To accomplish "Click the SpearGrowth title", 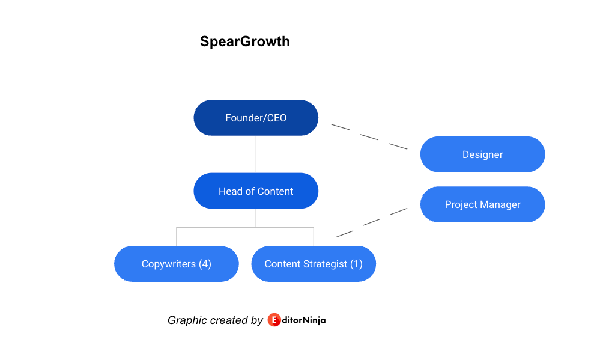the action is (245, 41).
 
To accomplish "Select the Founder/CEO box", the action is (256, 118).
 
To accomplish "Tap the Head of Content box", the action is (256, 191).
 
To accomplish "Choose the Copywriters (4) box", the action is (177, 264).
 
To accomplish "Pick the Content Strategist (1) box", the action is (314, 264).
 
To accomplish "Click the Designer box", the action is (482, 154).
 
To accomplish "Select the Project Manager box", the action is (482, 204).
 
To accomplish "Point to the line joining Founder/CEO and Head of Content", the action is (256, 154).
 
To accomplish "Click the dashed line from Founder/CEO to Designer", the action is (369, 136).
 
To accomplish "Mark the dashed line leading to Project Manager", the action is (372, 222).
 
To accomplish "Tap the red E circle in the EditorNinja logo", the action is (274, 320).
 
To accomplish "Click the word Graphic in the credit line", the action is (182, 320).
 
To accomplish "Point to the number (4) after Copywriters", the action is (205, 264).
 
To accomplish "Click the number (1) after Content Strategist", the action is (356, 264).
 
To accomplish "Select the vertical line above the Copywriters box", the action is (177, 237).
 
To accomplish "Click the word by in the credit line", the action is (257, 320).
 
